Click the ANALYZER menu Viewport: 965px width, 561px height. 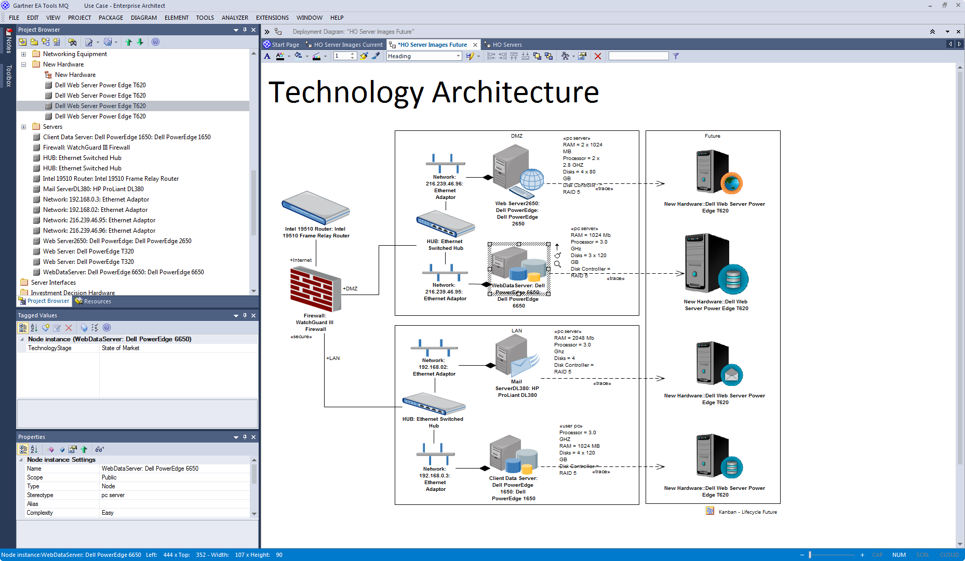point(235,18)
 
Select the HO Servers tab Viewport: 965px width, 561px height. point(506,45)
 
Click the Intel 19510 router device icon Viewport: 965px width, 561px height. point(315,208)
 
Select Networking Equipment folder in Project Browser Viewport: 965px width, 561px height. point(75,54)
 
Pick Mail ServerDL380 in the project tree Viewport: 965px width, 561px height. point(93,189)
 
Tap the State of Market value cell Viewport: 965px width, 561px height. point(120,348)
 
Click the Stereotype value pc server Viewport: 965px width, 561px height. point(113,495)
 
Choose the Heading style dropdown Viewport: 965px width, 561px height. point(424,56)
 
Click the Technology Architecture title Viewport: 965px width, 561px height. point(434,92)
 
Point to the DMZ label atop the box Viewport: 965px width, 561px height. point(516,136)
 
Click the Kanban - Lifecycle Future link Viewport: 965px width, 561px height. point(747,512)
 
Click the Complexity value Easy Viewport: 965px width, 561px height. point(108,513)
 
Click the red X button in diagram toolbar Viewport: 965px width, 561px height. point(598,56)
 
